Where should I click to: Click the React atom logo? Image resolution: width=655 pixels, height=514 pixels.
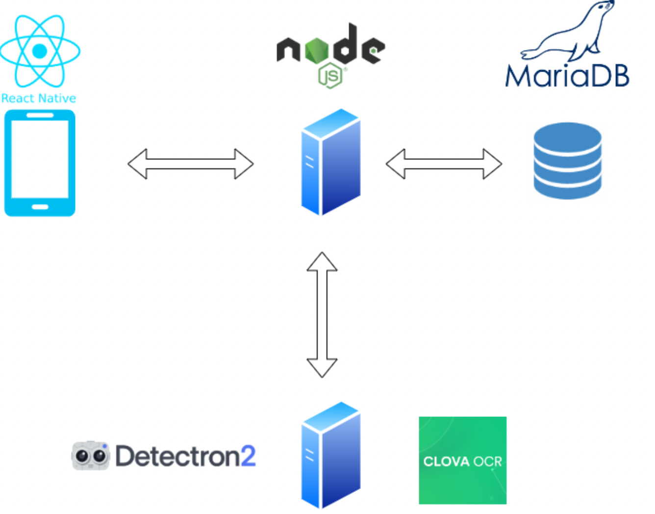click(40, 51)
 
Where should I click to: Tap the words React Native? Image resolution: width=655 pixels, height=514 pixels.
click(39, 98)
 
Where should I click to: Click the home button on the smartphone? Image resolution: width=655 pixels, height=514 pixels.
click(40, 207)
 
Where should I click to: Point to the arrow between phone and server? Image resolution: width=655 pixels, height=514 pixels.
click(190, 164)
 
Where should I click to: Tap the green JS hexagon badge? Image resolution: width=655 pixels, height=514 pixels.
click(330, 76)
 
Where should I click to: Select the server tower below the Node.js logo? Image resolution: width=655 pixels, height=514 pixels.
click(331, 162)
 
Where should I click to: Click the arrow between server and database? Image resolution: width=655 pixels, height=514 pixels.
click(444, 164)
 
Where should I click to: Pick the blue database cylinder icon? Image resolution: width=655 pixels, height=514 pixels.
click(567, 161)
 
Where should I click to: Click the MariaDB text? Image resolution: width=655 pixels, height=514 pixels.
click(567, 77)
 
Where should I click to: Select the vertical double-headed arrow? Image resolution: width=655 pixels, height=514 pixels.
click(322, 314)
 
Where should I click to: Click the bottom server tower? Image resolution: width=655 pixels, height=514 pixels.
click(331, 455)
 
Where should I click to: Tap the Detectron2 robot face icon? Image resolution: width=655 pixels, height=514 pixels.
click(91, 456)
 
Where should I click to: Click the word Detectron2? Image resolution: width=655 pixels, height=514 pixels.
click(185, 456)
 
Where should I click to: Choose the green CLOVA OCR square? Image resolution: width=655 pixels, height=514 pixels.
click(462, 460)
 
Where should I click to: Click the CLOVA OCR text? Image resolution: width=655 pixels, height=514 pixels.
click(462, 462)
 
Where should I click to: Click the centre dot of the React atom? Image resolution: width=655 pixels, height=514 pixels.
click(40, 51)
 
